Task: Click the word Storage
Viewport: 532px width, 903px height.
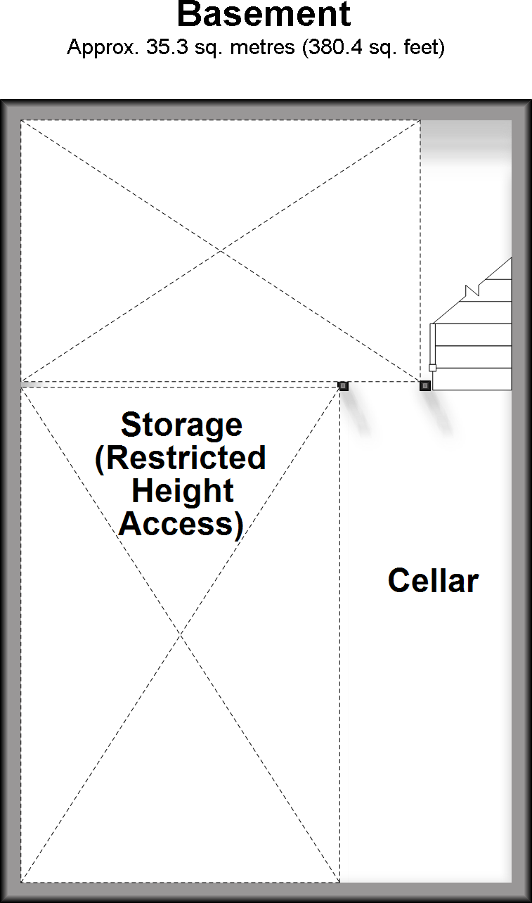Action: coord(181,425)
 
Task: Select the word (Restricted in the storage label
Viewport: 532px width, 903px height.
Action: coord(180,458)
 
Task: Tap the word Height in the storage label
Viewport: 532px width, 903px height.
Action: coord(182,491)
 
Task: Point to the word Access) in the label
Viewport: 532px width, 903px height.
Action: coord(181,524)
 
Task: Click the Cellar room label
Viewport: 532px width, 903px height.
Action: coord(433,581)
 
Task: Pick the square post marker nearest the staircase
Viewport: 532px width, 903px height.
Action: coord(425,385)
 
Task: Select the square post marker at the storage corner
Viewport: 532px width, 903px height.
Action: coord(343,385)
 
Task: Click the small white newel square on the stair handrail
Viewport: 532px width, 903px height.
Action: coord(432,368)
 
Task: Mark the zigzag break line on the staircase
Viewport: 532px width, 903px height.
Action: coord(473,289)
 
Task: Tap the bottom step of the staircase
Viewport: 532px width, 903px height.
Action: coord(472,379)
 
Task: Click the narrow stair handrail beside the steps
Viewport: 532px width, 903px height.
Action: coord(432,345)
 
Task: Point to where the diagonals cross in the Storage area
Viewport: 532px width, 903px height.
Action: coord(181,634)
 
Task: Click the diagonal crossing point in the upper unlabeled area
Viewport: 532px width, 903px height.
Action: coord(221,250)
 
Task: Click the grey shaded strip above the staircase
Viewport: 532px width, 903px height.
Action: coord(465,144)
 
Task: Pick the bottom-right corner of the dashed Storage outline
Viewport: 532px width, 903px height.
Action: coord(339,882)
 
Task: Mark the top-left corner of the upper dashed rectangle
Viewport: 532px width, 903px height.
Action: coord(21,121)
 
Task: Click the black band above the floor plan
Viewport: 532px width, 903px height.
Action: coord(266,49)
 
